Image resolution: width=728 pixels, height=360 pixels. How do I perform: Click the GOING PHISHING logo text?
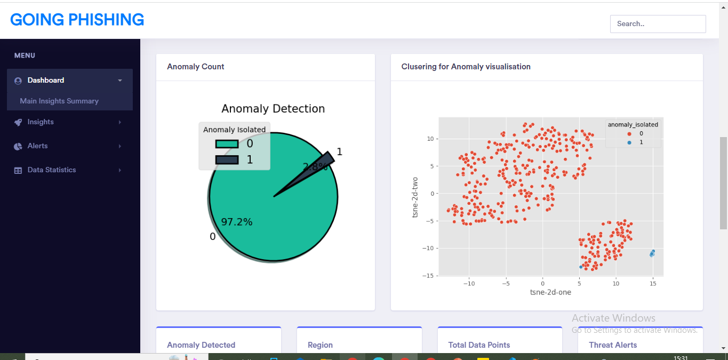click(77, 20)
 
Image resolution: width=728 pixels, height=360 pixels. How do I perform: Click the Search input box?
click(658, 23)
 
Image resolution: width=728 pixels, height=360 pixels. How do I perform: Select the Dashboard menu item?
click(46, 80)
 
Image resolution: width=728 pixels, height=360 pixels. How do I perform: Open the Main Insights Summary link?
click(59, 101)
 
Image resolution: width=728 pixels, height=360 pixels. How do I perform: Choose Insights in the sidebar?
click(41, 122)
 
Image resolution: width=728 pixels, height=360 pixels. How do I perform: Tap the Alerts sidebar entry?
click(37, 146)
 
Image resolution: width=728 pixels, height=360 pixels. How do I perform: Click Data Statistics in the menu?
click(52, 170)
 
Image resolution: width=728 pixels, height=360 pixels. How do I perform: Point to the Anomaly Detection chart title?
click(273, 109)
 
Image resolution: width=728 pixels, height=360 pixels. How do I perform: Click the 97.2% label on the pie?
click(237, 222)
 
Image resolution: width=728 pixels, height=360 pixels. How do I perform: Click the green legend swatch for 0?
click(227, 144)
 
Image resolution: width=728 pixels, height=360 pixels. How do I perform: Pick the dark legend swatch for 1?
click(227, 160)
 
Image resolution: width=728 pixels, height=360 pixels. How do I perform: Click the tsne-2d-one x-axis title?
click(550, 292)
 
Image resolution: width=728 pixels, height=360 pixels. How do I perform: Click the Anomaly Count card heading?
click(196, 67)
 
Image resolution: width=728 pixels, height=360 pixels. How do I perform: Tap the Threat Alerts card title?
click(613, 345)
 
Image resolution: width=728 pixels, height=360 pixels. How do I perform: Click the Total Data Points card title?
click(479, 345)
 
